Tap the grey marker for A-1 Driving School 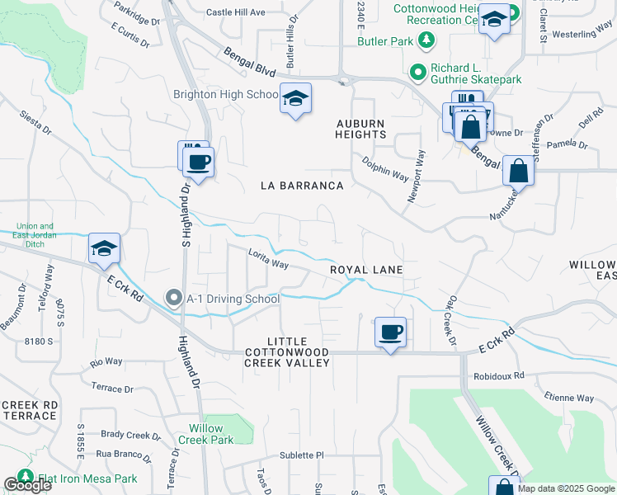point(173,299)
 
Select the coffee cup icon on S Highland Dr point(198,161)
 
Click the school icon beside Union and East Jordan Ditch point(105,248)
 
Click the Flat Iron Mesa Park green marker point(25,478)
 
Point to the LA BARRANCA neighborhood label point(302,186)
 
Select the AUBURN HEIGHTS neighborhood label point(360,129)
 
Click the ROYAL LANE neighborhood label point(366,270)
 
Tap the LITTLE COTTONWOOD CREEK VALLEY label point(287,351)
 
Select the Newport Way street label point(417,175)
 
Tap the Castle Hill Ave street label point(235,12)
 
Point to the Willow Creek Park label point(205,434)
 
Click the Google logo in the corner point(27,485)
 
